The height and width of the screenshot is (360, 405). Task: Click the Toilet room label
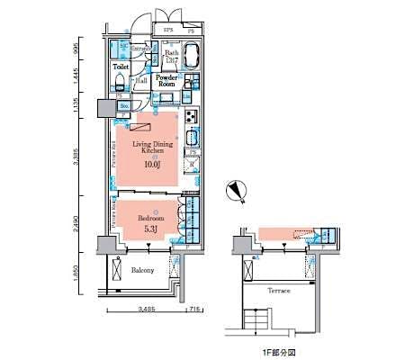coord(121,67)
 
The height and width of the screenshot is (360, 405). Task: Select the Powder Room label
coord(167,81)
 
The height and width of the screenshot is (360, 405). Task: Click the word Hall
coord(142,80)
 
